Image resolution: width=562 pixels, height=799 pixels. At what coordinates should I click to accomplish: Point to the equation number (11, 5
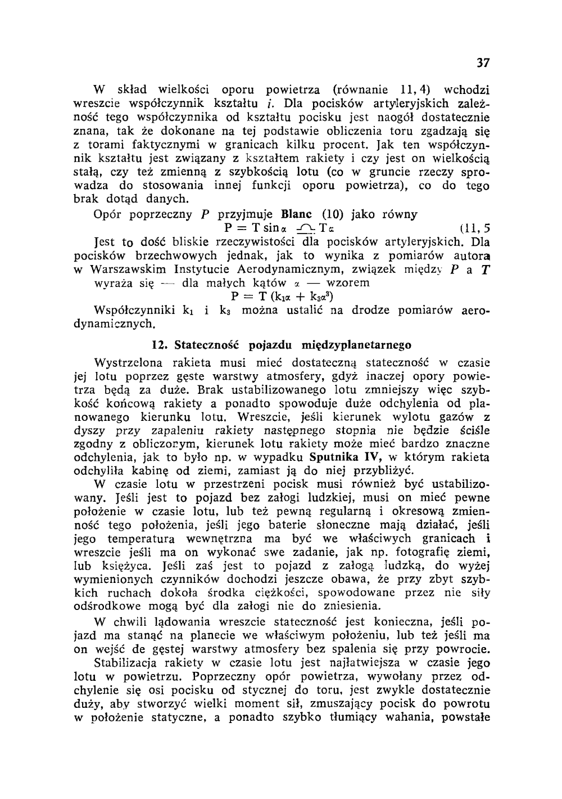[474, 228]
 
